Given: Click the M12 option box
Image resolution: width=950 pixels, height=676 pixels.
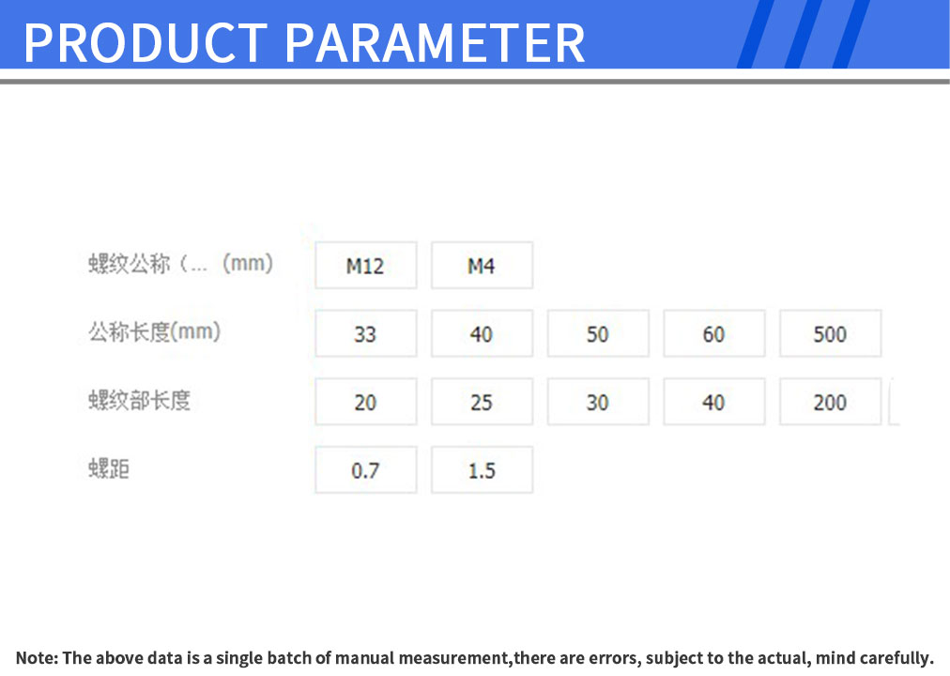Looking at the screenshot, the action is [366, 266].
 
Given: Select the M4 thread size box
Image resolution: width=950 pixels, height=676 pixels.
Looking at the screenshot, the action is [483, 266].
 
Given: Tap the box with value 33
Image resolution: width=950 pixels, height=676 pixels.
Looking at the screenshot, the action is [366, 333].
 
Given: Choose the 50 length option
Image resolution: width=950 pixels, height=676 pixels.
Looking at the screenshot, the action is [598, 333].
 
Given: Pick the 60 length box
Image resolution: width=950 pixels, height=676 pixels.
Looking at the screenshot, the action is [714, 333].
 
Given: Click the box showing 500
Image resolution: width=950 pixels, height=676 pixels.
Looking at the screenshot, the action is [831, 333].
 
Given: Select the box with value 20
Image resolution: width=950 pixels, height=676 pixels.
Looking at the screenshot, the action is [366, 402].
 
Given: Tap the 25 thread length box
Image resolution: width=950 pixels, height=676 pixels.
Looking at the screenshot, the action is [483, 402].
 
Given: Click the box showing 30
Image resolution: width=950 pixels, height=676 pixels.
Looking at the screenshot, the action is [598, 402].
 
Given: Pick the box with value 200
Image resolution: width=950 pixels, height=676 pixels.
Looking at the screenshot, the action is [831, 402].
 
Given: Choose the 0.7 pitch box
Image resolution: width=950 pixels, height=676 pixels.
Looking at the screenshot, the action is [366, 470].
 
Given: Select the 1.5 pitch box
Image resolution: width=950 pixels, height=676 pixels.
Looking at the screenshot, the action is [483, 470].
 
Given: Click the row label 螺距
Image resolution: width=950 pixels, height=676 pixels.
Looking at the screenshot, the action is [109, 469].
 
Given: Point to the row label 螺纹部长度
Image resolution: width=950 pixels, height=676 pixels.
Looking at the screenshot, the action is [139, 400].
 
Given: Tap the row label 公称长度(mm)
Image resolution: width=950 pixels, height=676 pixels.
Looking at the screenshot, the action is [155, 332].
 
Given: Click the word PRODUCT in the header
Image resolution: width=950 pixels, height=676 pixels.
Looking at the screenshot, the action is [146, 43].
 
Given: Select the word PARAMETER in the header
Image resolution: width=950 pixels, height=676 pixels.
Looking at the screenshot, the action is [435, 43].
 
